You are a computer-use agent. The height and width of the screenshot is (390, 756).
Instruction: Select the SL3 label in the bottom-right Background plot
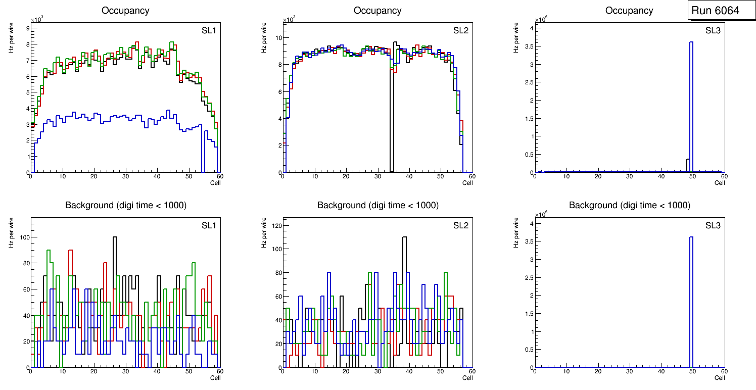(713, 225)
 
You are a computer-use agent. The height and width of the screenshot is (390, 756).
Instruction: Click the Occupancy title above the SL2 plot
(377, 11)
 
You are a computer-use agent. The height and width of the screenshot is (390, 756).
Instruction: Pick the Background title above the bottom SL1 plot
(125, 205)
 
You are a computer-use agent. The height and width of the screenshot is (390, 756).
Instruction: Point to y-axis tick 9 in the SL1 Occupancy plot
(28, 29)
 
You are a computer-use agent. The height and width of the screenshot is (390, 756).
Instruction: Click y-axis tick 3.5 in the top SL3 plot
(527, 46)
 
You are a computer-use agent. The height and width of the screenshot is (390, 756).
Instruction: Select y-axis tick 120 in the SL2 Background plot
(277, 225)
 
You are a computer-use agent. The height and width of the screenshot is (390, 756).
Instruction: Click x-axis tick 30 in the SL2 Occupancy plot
(377, 176)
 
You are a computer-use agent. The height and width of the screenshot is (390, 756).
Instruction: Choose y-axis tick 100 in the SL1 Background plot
(24, 237)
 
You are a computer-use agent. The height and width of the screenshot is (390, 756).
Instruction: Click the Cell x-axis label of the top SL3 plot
(719, 183)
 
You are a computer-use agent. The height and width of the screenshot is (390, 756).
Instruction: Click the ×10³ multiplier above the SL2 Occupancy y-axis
(290, 19)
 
